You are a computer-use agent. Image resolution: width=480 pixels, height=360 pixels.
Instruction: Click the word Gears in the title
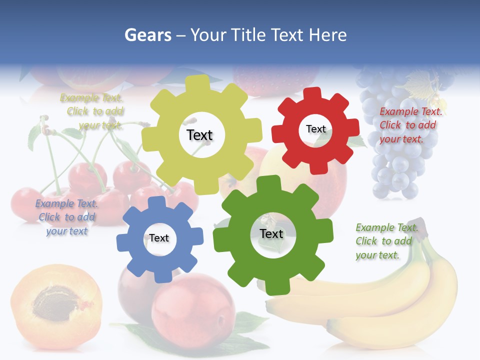click(148, 35)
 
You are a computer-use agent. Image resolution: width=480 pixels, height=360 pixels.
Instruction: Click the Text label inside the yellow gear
click(199, 135)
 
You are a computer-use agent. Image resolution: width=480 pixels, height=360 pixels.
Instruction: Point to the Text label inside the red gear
click(315, 129)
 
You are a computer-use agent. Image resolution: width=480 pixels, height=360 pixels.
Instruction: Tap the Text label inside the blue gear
click(158, 238)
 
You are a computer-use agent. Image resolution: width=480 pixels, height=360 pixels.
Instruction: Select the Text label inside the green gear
click(271, 233)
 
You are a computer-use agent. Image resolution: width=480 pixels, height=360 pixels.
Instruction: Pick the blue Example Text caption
click(66, 217)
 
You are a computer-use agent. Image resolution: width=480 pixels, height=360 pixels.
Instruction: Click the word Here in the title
click(327, 35)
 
